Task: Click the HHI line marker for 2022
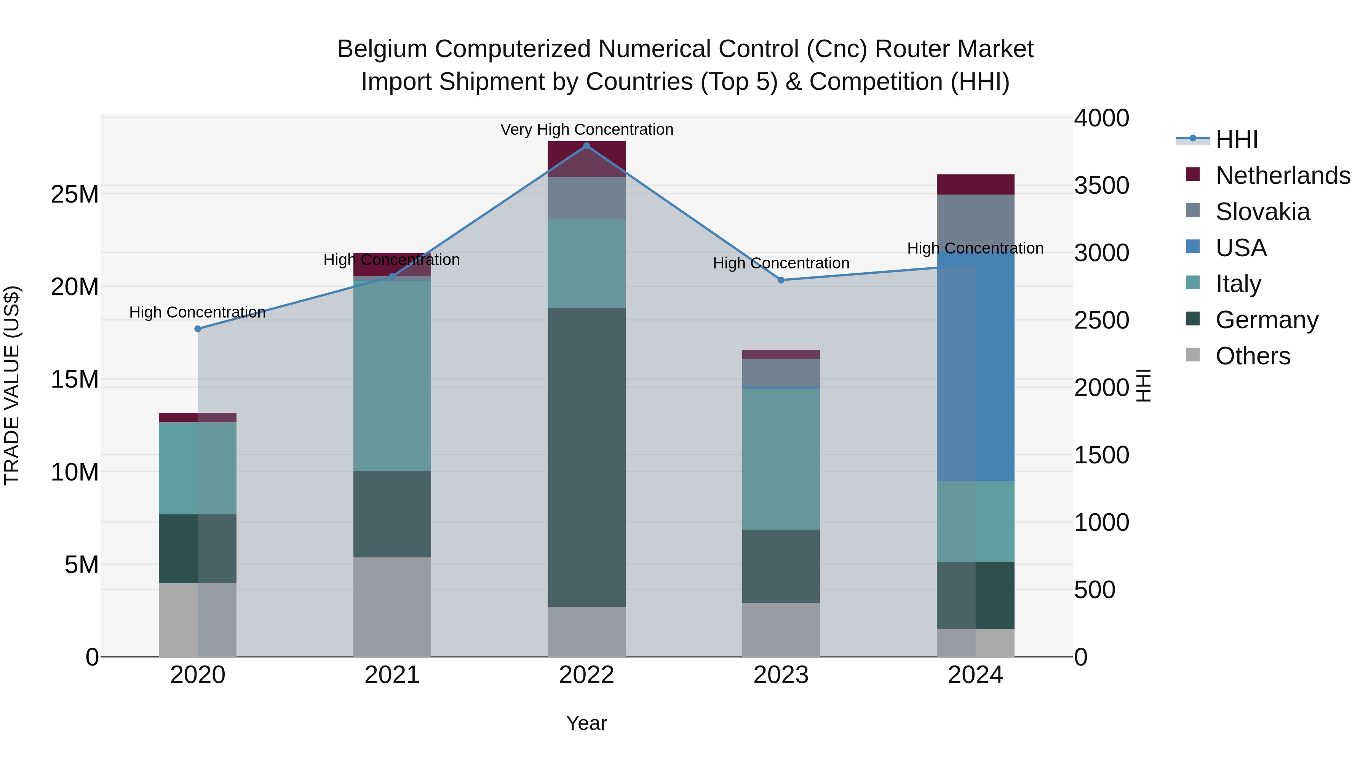tap(586, 146)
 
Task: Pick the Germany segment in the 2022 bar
tap(586, 458)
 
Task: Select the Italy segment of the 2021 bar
tap(392, 375)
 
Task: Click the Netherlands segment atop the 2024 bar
tap(976, 185)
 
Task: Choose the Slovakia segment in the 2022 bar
tap(586, 198)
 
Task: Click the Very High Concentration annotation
tap(586, 130)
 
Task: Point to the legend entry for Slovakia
tap(1262, 212)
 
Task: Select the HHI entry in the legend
tap(1236, 139)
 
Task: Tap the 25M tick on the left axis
tap(75, 194)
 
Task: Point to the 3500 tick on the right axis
tap(1101, 186)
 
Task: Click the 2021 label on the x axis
tap(392, 675)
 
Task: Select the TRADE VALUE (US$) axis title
tap(12, 385)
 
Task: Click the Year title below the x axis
tap(586, 723)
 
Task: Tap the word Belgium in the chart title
tap(382, 49)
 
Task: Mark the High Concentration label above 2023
tap(781, 263)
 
